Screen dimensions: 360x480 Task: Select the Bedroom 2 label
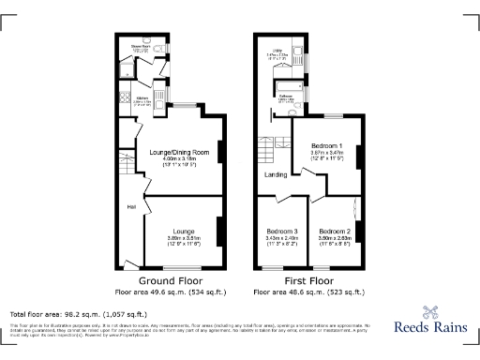(x=334, y=232)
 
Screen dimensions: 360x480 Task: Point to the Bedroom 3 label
(x=282, y=232)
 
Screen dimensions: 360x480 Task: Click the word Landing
(x=276, y=173)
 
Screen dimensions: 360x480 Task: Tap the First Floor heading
(x=308, y=280)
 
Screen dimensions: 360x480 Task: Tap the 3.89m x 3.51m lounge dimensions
(x=182, y=239)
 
